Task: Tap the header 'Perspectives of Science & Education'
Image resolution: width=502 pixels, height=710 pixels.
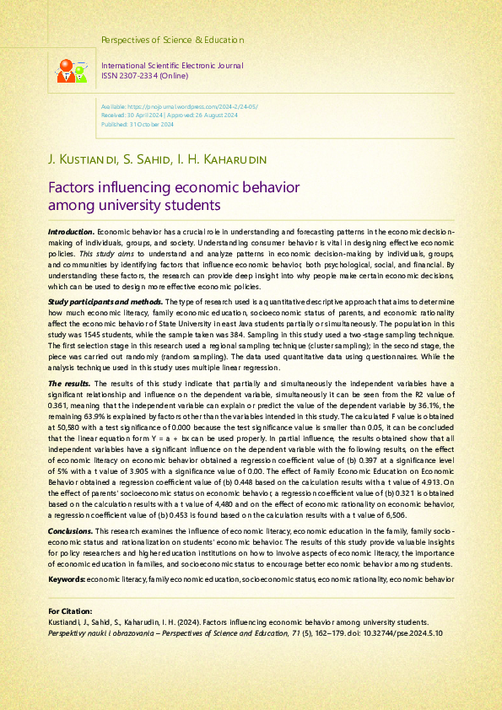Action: coord(172,40)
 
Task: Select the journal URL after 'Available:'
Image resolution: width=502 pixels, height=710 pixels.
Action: coord(192,108)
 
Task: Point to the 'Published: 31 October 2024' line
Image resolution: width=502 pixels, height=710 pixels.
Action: coord(138,124)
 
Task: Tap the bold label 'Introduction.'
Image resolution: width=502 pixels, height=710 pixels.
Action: coord(71,231)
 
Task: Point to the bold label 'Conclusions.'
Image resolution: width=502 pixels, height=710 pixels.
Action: coord(71,530)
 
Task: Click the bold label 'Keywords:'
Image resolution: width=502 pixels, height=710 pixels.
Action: coord(67,580)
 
